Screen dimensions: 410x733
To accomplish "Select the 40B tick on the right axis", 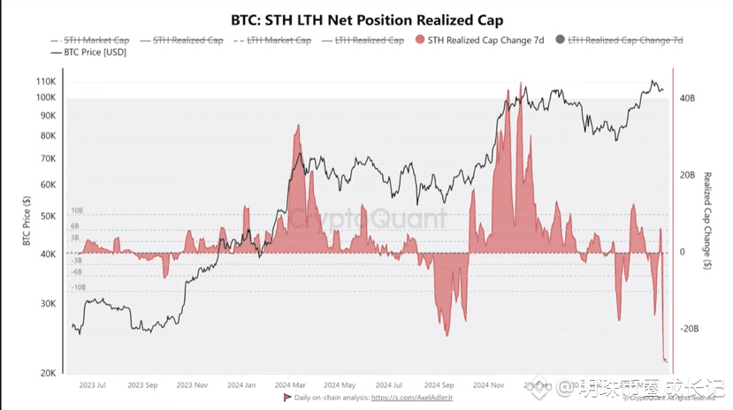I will [x=687, y=99].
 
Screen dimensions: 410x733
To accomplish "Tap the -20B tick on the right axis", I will [x=689, y=328].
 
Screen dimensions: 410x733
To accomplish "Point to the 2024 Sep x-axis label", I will [x=439, y=386].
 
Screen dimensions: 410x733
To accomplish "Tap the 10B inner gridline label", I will [x=77, y=212].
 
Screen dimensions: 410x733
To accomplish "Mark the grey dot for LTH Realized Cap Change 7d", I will [x=560, y=40].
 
